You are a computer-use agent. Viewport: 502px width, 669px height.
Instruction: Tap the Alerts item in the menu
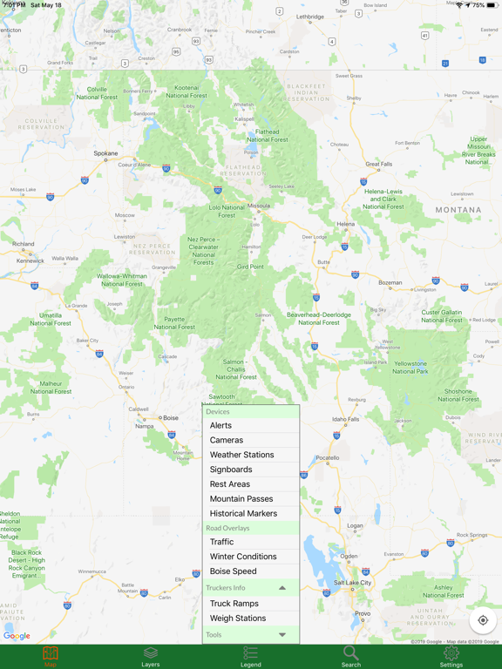pos(221,425)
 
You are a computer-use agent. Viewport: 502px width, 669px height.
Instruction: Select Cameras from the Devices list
pos(227,440)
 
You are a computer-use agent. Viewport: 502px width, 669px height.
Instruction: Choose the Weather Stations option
pos(242,455)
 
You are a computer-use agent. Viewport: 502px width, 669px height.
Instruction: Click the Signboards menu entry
pos(231,470)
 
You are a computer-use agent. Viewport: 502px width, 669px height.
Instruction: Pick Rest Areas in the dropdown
pos(230,484)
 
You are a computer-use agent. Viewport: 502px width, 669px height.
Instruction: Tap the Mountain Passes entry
pos(241,499)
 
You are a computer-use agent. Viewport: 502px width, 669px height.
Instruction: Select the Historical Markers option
pos(243,514)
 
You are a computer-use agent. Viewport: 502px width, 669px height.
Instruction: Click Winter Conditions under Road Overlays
pos(243,557)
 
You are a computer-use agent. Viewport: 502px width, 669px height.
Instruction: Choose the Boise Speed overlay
pos(234,571)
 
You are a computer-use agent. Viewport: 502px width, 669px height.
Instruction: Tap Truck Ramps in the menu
pos(234,604)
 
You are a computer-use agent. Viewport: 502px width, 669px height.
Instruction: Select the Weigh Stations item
pos(238,618)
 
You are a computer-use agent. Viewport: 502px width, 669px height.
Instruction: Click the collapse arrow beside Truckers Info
pos(282,588)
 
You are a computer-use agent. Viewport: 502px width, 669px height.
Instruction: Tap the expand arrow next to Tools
pos(282,635)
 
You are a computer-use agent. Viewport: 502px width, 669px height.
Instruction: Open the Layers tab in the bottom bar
pos(151,656)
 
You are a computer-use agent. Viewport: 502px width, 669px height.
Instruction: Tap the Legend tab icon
pos(251,656)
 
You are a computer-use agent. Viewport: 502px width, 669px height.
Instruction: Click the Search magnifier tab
pos(351,656)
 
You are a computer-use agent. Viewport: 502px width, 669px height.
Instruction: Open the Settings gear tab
pos(451,656)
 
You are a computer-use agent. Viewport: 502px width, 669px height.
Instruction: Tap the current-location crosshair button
pos(483,620)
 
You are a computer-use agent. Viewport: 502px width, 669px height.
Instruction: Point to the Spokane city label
pos(106,153)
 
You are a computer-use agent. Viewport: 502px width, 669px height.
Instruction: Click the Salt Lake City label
pos(352,583)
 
